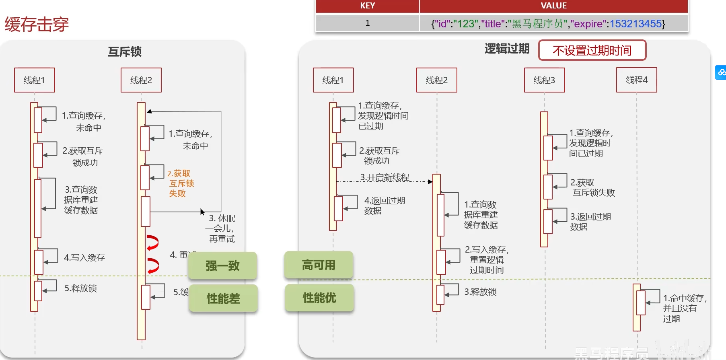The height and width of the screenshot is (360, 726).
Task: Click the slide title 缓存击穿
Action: point(37,25)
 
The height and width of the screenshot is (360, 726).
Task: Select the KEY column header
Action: point(367,6)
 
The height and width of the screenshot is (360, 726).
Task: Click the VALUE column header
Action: point(553,6)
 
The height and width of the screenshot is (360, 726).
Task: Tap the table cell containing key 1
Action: point(367,23)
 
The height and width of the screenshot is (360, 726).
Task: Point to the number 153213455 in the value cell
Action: point(636,24)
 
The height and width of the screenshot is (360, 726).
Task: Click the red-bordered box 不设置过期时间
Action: point(592,50)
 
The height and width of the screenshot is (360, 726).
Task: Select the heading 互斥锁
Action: point(125,52)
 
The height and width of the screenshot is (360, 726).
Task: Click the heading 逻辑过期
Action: point(507,49)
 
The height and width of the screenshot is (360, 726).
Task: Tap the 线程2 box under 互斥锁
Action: point(141,80)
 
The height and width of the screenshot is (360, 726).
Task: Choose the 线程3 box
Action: point(544,80)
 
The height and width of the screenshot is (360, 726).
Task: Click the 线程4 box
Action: point(636,80)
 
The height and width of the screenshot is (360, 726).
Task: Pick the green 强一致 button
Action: point(222,265)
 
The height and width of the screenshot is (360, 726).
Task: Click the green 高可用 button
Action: point(319,265)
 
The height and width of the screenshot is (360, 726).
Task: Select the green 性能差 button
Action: point(223,298)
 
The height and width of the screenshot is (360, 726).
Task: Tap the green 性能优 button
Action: point(319,298)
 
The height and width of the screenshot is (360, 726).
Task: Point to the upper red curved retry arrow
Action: point(153,242)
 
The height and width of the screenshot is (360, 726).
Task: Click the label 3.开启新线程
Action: point(385,177)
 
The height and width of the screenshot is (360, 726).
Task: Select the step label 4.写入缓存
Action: point(84,257)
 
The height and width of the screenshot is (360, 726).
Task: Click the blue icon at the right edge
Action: point(721,72)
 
